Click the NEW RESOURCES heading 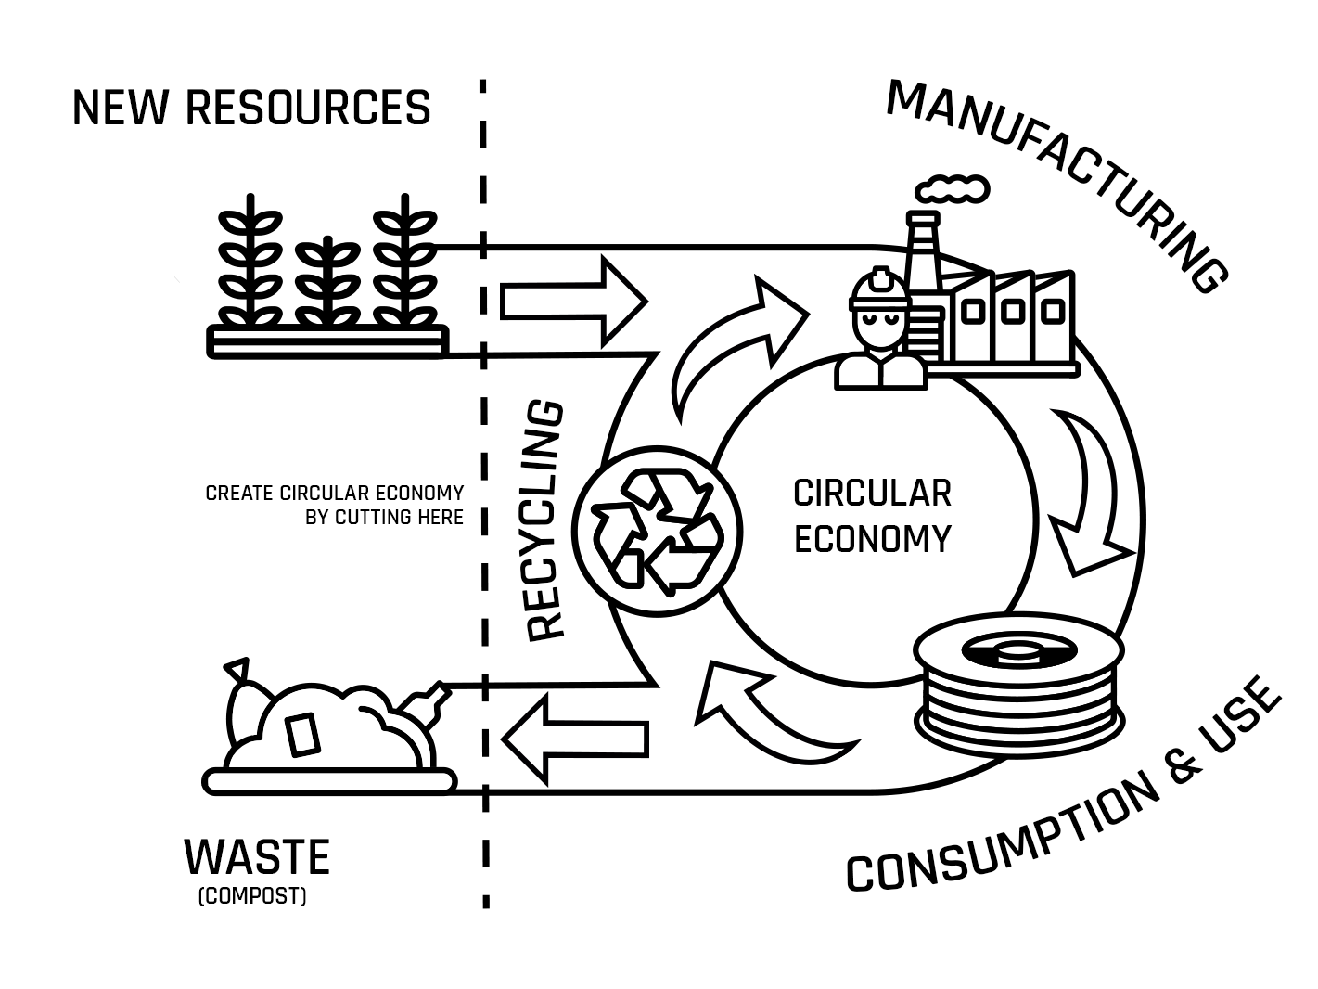[x=251, y=108]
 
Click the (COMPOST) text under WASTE [x=251, y=897]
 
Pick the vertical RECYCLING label [x=545, y=520]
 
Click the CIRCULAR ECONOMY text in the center [x=872, y=516]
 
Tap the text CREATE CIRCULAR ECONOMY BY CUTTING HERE [x=335, y=505]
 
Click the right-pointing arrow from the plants [x=573, y=301]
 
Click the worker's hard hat [x=878, y=288]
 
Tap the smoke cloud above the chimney [x=953, y=188]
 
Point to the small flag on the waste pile [x=237, y=668]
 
